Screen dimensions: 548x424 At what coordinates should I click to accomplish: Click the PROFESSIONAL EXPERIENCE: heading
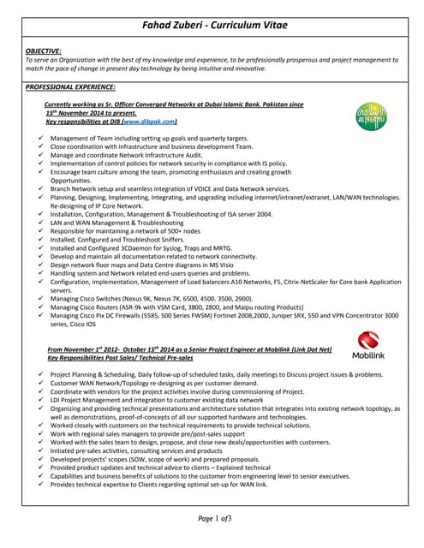(70, 86)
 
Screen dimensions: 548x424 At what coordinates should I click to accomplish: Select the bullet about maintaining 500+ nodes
(124, 231)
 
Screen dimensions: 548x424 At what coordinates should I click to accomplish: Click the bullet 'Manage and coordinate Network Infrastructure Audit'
(137, 155)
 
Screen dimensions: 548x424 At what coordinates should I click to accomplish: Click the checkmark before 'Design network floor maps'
(41, 265)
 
